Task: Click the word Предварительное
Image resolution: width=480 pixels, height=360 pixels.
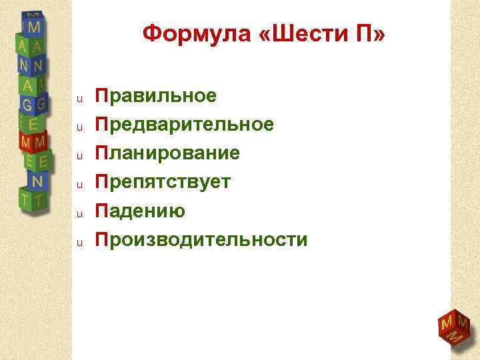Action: click(184, 125)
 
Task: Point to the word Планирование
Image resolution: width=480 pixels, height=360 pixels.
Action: click(167, 153)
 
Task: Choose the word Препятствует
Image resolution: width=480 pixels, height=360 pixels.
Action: click(163, 182)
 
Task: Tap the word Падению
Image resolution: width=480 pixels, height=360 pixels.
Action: click(139, 211)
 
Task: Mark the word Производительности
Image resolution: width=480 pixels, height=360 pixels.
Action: click(201, 239)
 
